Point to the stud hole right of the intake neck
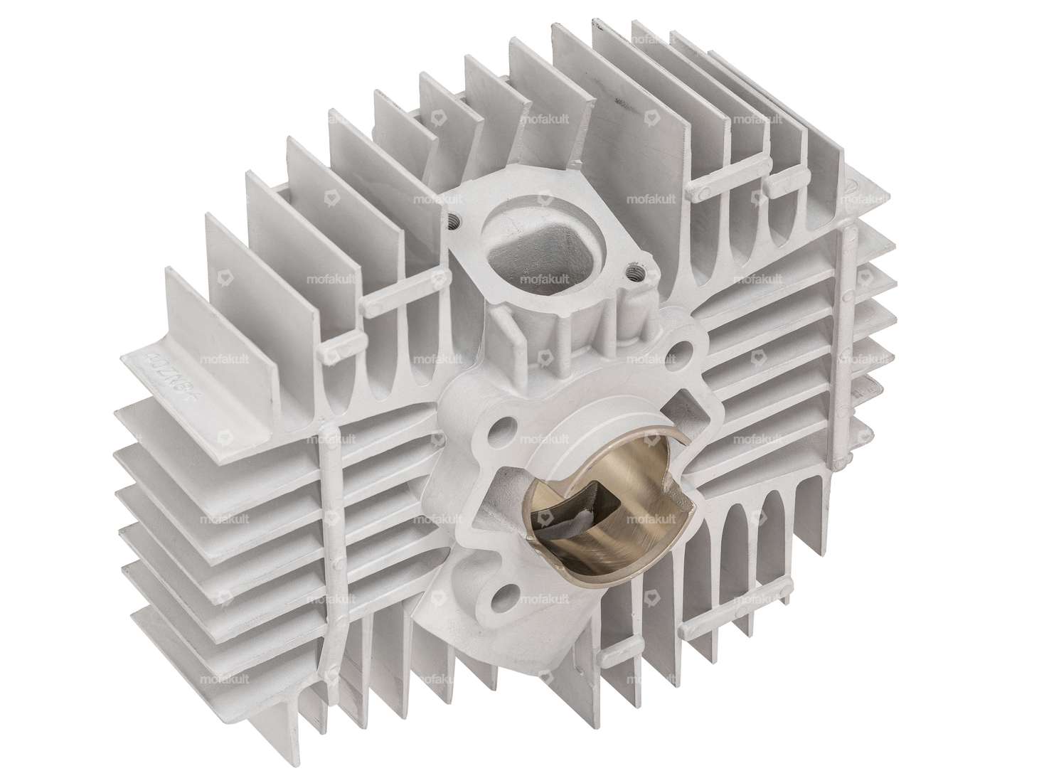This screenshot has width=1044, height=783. coord(685,349)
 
